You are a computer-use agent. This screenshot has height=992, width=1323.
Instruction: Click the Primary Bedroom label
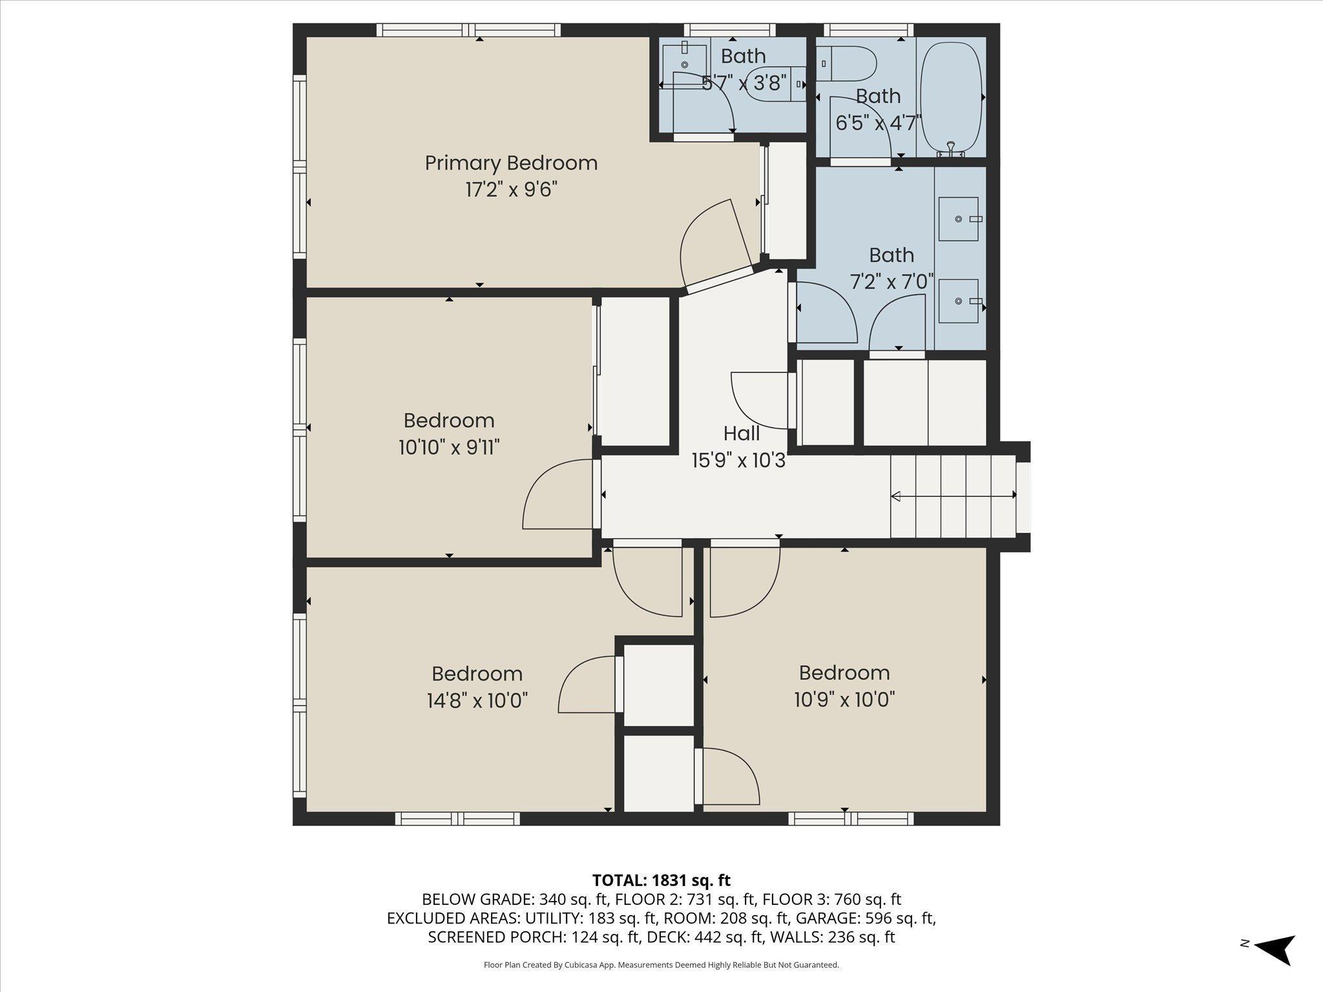pos(511,163)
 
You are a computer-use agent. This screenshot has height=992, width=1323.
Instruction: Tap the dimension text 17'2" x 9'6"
pos(511,190)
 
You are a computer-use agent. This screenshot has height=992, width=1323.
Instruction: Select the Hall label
pos(741,433)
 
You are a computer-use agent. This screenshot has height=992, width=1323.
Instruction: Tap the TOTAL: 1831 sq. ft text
pos(661,880)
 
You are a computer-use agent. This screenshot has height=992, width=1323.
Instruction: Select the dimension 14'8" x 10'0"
pos(477,701)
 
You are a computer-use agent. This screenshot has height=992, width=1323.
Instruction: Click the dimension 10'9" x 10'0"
pos(844,699)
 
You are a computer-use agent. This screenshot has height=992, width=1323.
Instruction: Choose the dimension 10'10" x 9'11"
pos(449,447)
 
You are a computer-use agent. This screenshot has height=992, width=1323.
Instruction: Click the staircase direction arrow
pos(953,496)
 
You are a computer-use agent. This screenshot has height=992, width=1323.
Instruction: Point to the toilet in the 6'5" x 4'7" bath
pos(846,63)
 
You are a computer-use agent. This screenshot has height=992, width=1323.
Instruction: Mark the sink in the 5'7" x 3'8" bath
pos(684,64)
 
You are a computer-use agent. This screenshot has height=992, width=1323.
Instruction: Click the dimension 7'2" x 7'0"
pos(891,282)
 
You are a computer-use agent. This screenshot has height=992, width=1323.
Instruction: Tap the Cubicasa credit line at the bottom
pos(661,965)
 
